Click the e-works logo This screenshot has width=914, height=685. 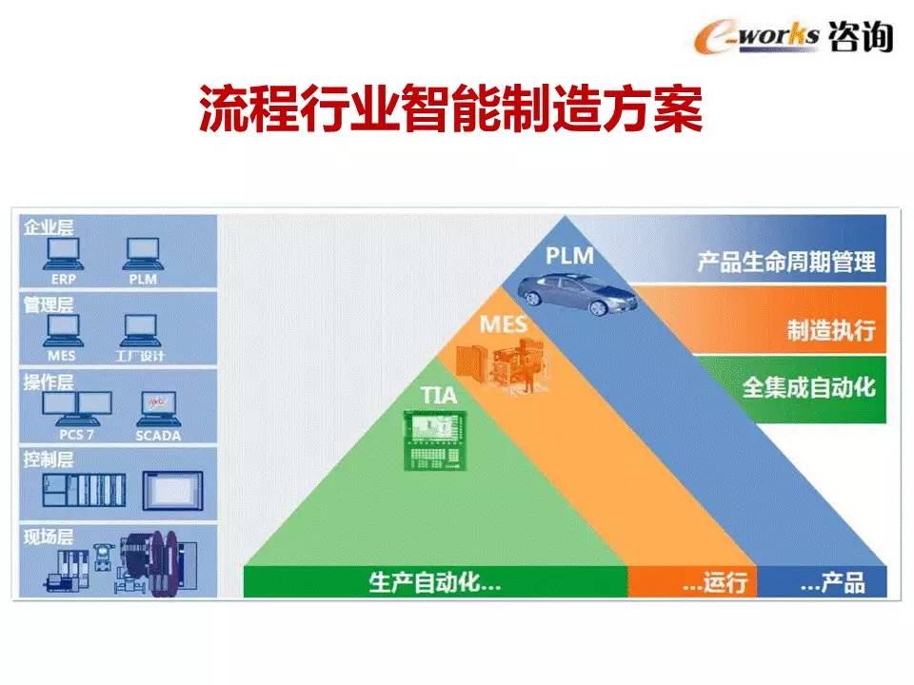coord(793,36)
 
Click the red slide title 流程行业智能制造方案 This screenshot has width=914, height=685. coord(450,108)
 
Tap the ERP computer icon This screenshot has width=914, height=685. coord(64,255)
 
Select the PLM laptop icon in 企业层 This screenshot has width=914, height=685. coord(144,255)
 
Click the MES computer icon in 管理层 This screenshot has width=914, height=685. coord(64,330)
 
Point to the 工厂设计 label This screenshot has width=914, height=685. coord(140,355)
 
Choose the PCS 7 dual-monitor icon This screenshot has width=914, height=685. coord(77,409)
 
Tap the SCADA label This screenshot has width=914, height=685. coord(158,435)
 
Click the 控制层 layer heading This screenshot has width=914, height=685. coord(49,459)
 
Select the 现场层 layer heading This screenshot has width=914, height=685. coord(49,536)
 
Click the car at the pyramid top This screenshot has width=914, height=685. coord(577,293)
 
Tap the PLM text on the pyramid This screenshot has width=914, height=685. coord(569,255)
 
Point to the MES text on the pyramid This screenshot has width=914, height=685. coord(503,323)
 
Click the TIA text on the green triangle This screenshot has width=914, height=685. coord(439,395)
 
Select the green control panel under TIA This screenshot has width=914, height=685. coord(435,440)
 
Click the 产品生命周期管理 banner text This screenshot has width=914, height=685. coord(786,262)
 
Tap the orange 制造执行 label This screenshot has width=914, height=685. coord(831,330)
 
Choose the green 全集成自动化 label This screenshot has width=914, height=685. coord(809,387)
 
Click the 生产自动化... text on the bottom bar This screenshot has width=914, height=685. coord(435,582)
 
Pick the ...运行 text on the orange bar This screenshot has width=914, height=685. coord(715,582)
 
